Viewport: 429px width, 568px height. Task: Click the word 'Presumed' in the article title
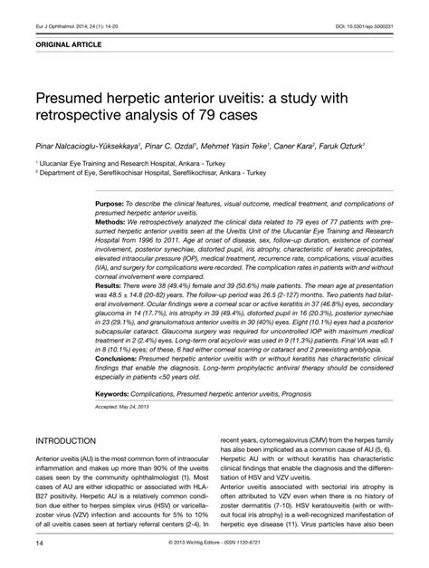pyautogui.click(x=76, y=95)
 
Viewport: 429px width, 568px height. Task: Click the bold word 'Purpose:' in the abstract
pyautogui.click(x=114, y=207)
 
